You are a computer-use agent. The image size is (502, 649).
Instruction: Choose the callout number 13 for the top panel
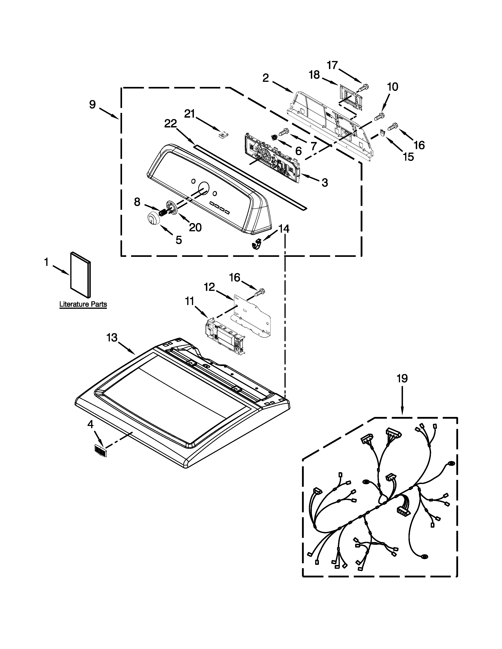(x=112, y=337)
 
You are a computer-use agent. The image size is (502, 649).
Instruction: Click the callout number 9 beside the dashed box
(x=93, y=105)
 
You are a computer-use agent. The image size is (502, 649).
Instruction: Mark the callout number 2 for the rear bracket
(x=266, y=78)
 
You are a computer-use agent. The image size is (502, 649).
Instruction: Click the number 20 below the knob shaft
(x=195, y=228)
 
